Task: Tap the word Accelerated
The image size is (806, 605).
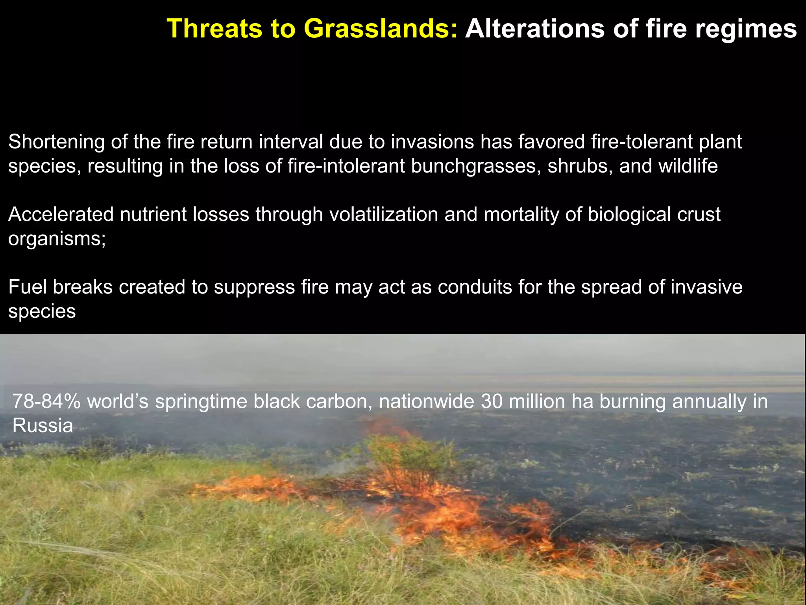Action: [61, 215]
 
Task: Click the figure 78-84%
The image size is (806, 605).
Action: [46, 402]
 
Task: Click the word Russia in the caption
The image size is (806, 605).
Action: [43, 426]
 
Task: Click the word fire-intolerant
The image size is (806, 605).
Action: [346, 166]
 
